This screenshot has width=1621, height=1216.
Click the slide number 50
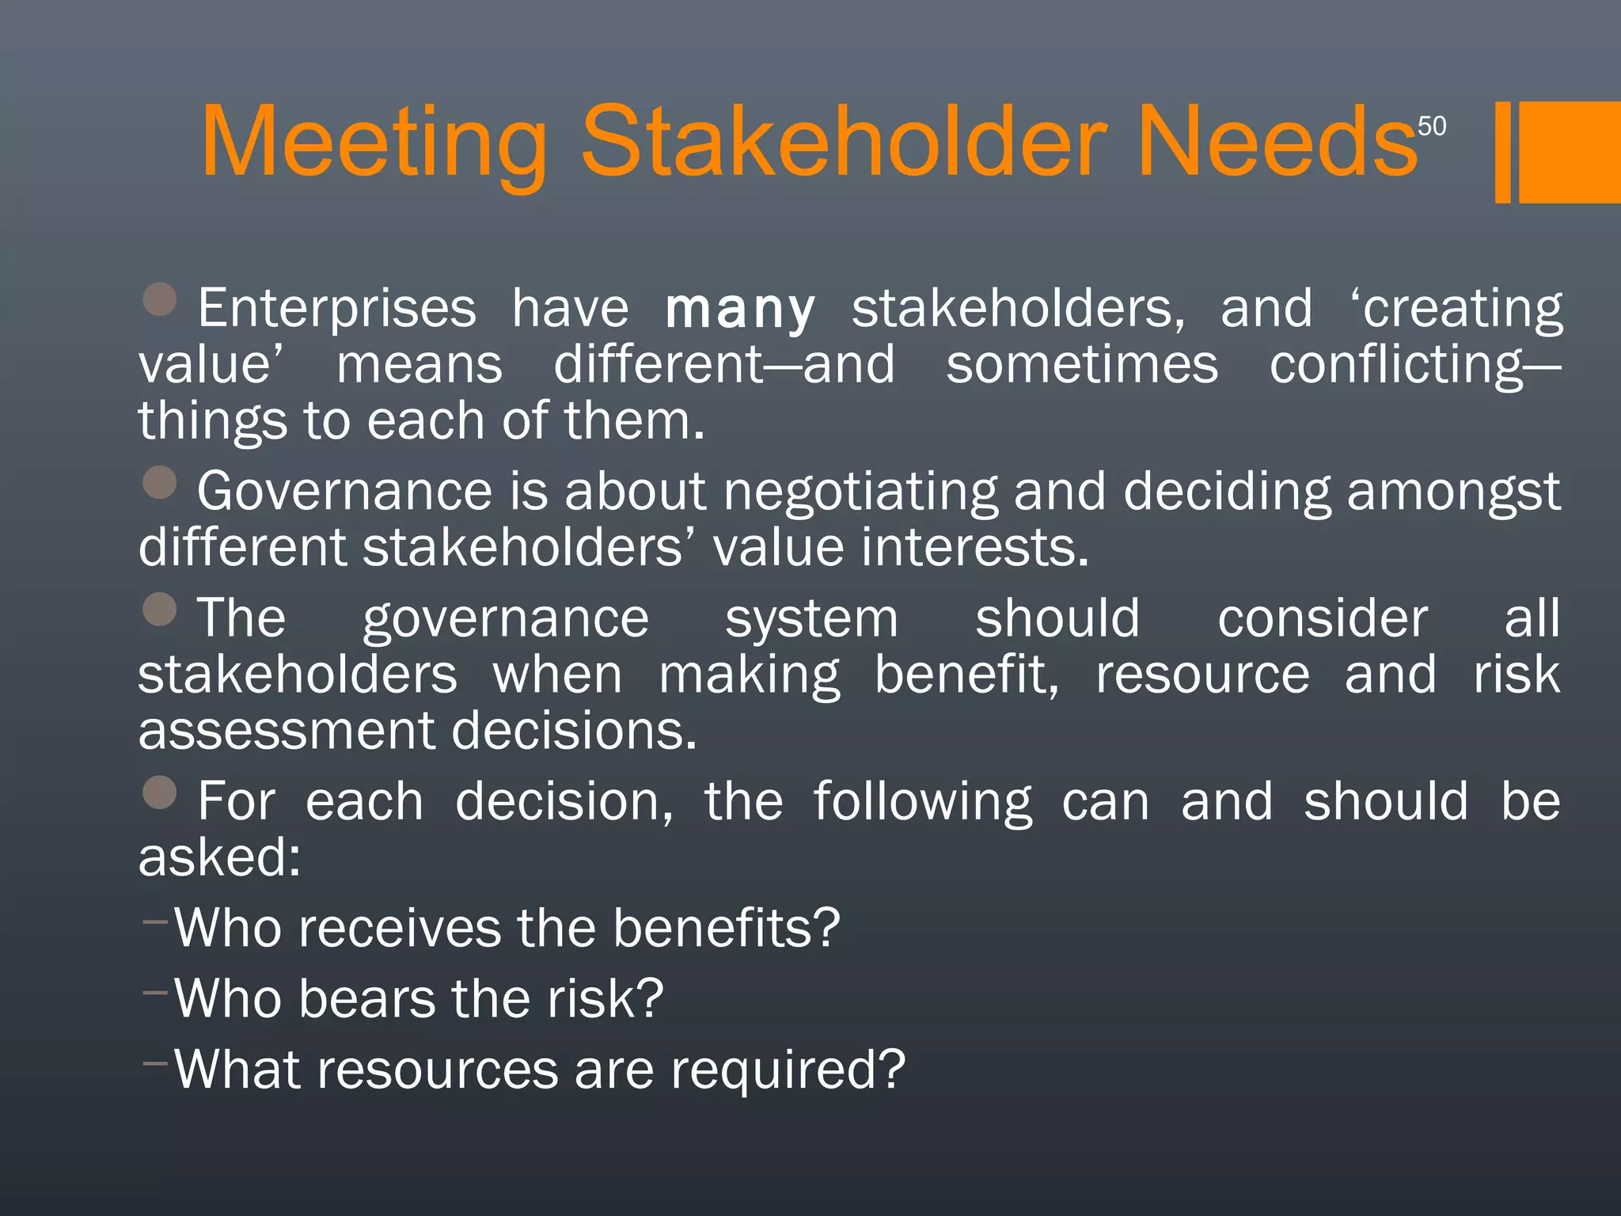(x=1431, y=127)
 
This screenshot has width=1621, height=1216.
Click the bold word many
(x=740, y=310)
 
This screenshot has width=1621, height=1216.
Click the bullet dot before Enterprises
(x=160, y=300)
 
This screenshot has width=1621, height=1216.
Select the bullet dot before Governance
(x=160, y=482)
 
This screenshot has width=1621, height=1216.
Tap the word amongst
(x=1453, y=492)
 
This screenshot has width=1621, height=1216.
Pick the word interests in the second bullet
(x=974, y=548)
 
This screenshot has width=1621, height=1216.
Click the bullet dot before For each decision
(x=160, y=792)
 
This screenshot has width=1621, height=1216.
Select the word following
(x=923, y=802)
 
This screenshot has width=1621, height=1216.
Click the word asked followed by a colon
(x=219, y=857)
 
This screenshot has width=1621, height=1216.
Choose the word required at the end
(x=788, y=1070)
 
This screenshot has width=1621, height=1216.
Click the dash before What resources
(x=155, y=1062)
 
